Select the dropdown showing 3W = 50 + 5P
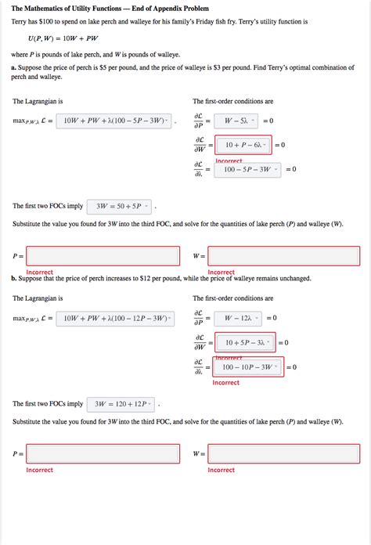(119, 207)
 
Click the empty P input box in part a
(103, 256)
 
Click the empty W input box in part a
(284, 256)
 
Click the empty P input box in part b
(103, 453)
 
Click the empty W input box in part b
(284, 453)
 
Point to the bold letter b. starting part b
(14, 278)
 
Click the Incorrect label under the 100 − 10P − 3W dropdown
(225, 383)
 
